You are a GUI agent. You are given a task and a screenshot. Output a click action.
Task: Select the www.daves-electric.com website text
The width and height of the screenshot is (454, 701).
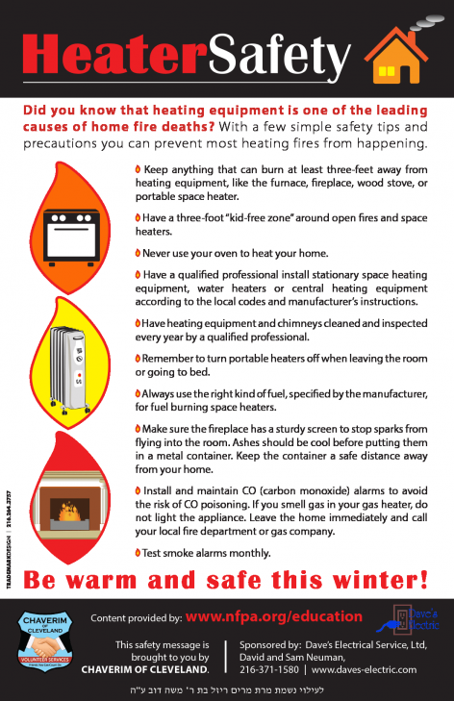pyautogui.click(x=366, y=668)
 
